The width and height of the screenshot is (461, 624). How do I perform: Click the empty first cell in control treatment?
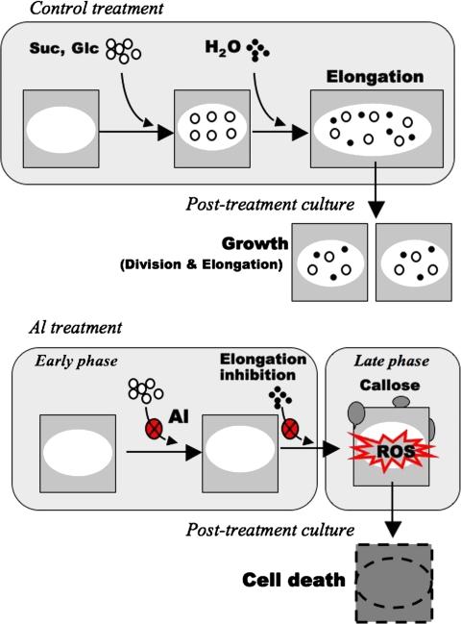(64, 132)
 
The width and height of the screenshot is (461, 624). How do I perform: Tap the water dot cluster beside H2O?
(256, 49)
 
